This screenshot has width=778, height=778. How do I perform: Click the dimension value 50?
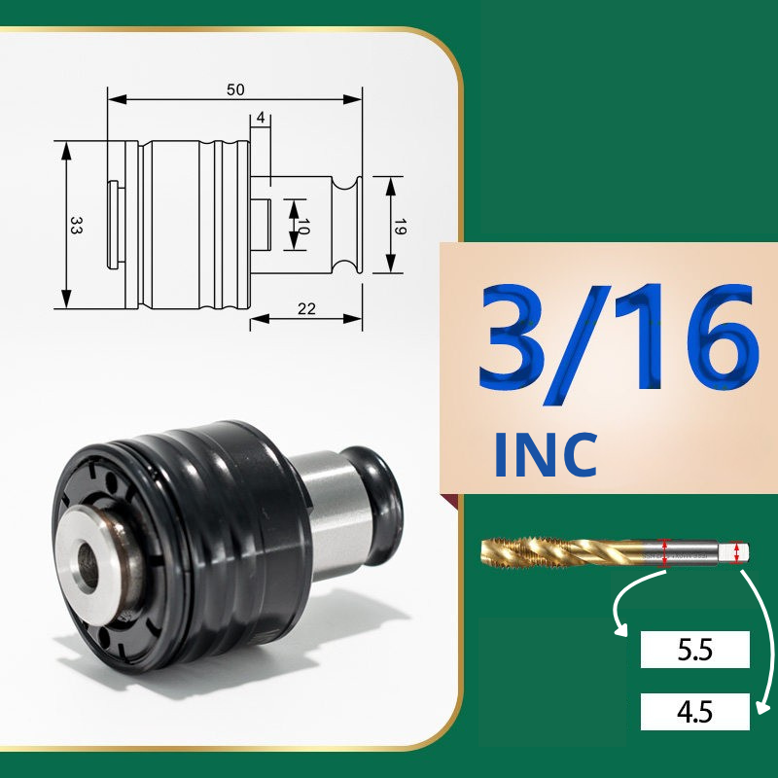click(235, 89)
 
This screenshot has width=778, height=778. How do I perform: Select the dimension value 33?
click(76, 225)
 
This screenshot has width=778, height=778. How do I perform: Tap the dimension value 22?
click(306, 309)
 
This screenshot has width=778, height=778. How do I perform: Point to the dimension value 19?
click(400, 227)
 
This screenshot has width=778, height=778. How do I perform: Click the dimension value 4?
click(261, 118)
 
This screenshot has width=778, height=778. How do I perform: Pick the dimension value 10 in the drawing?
click(303, 227)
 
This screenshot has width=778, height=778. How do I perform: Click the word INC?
click(545, 454)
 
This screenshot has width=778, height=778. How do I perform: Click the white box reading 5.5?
click(694, 650)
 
